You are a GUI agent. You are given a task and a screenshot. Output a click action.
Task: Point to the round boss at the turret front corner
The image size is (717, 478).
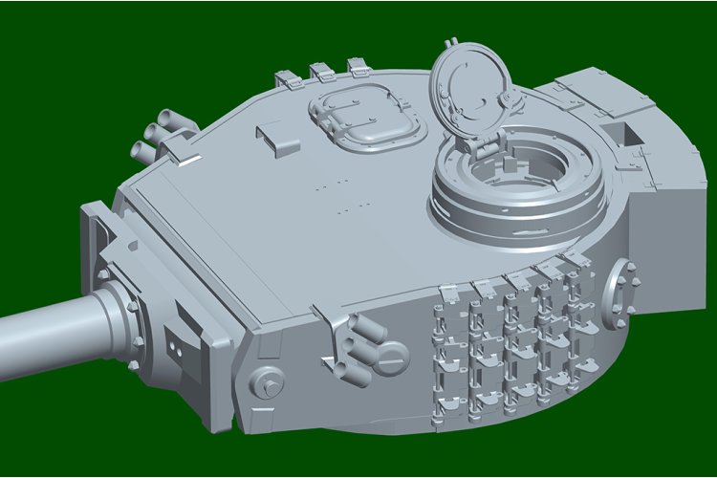[x=267, y=383]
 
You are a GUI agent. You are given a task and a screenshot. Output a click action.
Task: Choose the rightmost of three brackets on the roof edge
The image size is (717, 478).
[x=358, y=67]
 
